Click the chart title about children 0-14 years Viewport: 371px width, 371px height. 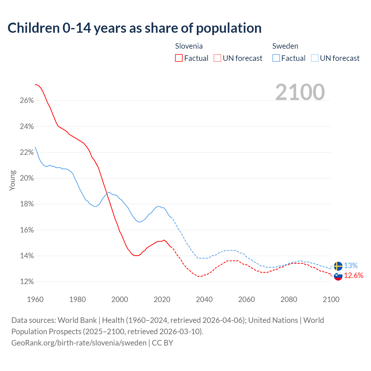(x=134, y=28)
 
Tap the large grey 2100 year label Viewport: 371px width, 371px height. (x=300, y=92)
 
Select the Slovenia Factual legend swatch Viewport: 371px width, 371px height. (x=179, y=58)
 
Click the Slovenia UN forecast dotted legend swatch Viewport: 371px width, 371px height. (x=217, y=58)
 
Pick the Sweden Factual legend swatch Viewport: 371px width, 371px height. (x=276, y=58)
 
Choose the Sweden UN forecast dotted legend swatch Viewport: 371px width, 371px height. (x=315, y=58)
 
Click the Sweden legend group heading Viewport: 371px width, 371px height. (x=285, y=46)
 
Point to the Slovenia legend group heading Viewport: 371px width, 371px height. (x=189, y=46)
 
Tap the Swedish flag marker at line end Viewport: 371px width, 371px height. (x=338, y=266)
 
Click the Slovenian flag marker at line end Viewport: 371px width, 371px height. (x=338, y=276)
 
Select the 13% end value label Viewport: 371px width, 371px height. (x=351, y=265)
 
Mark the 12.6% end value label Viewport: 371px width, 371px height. (x=354, y=275)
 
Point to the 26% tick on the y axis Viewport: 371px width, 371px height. (x=27, y=101)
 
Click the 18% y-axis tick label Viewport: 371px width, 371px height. (x=27, y=204)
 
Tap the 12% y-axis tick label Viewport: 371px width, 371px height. (x=27, y=282)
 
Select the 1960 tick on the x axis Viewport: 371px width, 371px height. (x=35, y=299)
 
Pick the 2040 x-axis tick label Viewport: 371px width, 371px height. (x=204, y=299)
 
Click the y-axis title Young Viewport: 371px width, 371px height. (x=12, y=180)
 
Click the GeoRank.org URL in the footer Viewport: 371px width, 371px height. (x=79, y=343)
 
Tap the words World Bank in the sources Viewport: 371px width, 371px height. (x=77, y=320)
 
